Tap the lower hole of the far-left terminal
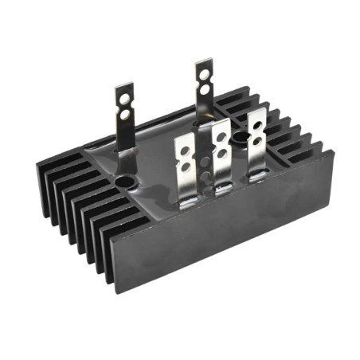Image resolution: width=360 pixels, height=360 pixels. [x=124, y=104]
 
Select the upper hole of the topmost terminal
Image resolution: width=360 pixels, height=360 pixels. [x=205, y=68]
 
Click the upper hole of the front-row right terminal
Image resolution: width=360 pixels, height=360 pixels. [x=256, y=120]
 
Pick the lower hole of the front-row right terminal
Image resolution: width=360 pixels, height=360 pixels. [x=256, y=132]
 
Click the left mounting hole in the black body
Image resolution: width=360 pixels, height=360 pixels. [x=124, y=182]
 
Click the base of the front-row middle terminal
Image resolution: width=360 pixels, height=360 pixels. [x=222, y=186]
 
